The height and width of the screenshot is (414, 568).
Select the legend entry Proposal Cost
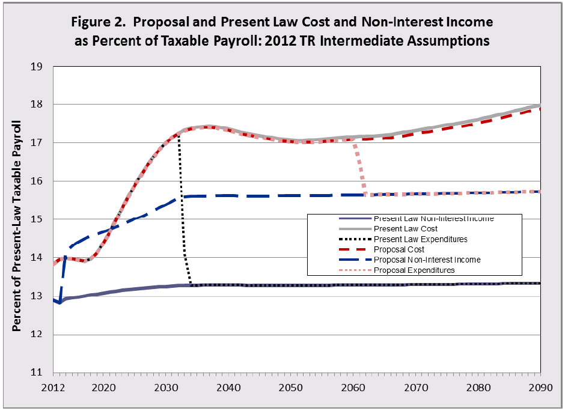pyautogui.click(x=399, y=249)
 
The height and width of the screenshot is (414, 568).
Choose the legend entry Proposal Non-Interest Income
pyautogui.click(x=427, y=260)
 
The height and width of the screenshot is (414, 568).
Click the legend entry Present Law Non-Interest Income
pyautogui.click(x=433, y=219)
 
